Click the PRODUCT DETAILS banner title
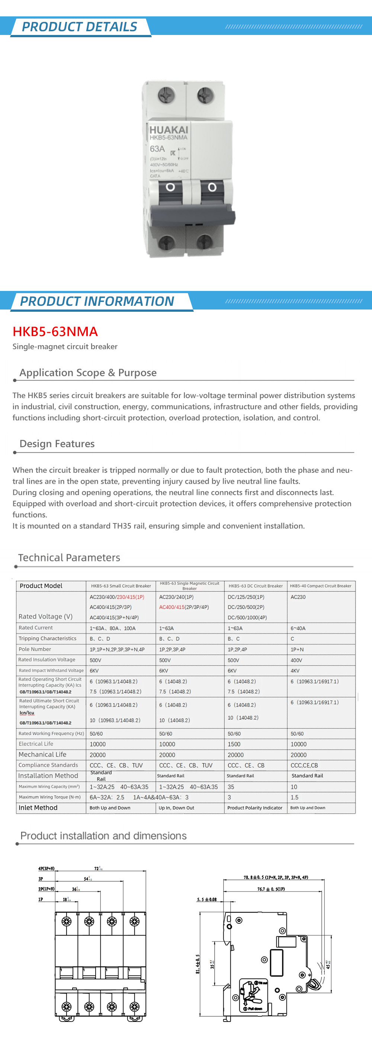click(80, 27)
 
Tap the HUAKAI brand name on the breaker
click(169, 130)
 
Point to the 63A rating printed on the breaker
click(157, 149)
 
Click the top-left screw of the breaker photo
click(166, 96)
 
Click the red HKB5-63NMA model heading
click(55, 331)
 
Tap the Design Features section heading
click(57, 444)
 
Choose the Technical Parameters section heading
click(69, 558)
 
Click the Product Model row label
click(41, 586)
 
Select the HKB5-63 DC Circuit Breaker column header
click(256, 586)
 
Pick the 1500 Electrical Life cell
click(234, 744)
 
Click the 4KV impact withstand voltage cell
click(295, 671)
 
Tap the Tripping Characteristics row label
click(48, 638)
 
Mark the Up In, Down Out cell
click(176, 808)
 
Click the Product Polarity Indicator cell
click(255, 808)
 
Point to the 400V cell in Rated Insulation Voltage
click(296, 660)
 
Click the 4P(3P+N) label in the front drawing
click(46, 869)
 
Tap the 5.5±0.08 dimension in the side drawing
click(207, 900)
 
